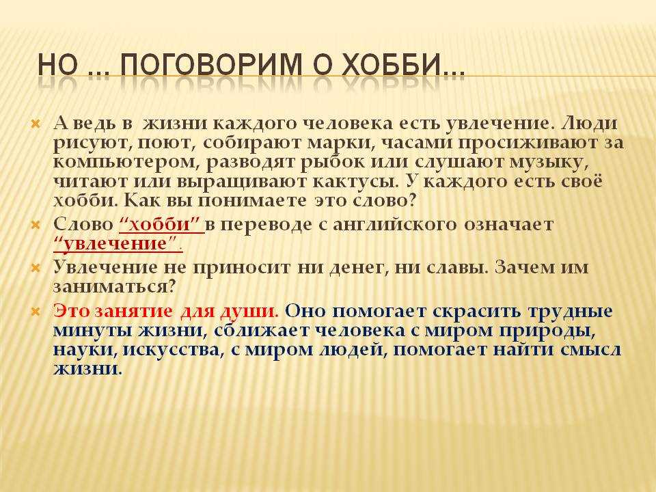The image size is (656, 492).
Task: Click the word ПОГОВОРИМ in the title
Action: tap(211, 65)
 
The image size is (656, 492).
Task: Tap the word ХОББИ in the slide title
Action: tap(388, 65)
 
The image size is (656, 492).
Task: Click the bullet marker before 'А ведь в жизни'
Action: tap(36, 124)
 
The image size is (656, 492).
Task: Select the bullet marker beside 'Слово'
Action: tap(36, 225)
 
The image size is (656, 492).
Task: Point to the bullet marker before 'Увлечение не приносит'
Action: tap(36, 268)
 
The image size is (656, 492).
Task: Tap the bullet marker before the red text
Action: tap(36, 312)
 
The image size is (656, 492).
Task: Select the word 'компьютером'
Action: tap(125, 163)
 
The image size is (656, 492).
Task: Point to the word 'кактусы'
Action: tap(356, 182)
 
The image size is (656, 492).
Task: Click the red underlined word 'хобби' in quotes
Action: tap(160, 225)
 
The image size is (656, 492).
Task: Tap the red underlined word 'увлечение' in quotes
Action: tap(115, 244)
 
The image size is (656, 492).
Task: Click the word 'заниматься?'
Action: tap(114, 287)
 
